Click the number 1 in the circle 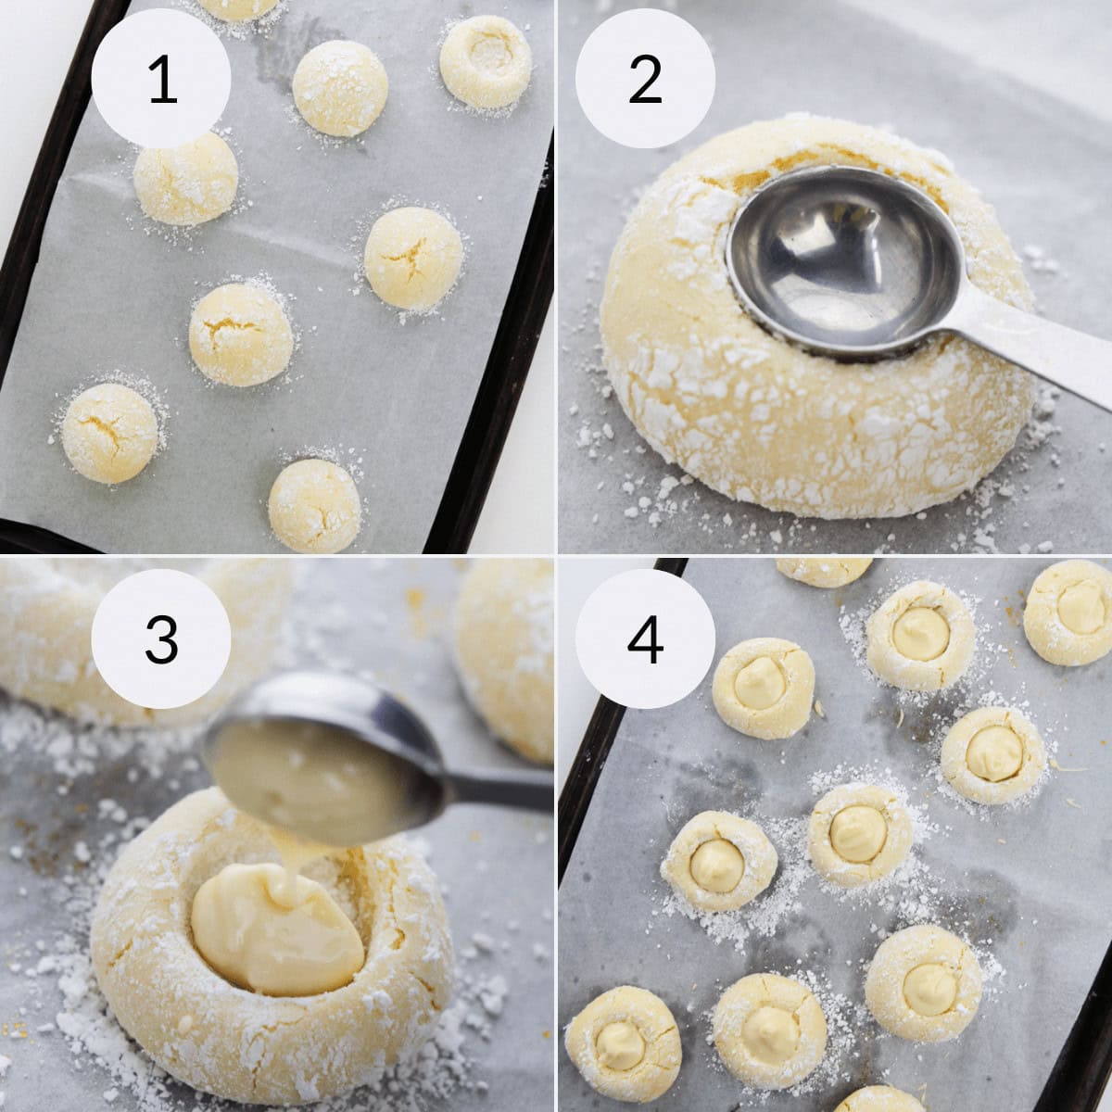161,79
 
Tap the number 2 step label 645,79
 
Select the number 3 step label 161,638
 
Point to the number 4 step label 645,638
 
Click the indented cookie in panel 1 486,61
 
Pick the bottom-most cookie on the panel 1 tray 315,506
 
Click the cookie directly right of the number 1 340,88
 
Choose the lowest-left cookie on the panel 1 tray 109,433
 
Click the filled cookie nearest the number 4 764,688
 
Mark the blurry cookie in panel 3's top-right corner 508,649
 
